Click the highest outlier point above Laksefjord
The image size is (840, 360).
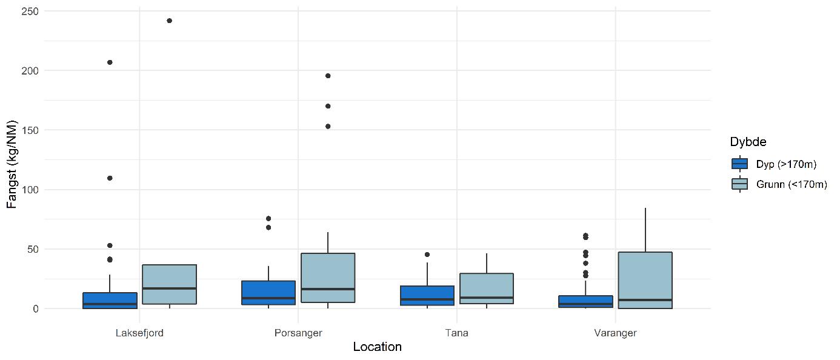[x=169, y=21]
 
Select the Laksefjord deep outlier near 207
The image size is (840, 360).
[x=110, y=62]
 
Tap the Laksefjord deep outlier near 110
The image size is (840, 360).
[x=110, y=178]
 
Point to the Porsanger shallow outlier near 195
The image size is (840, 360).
[x=328, y=76]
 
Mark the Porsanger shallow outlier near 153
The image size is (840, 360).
[x=328, y=127]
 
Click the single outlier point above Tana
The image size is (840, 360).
[x=427, y=255]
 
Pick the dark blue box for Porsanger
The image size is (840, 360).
[x=268, y=293]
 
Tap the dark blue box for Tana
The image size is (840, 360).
[x=427, y=295]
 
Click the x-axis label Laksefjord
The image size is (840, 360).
[x=139, y=333]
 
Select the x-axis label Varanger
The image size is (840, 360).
[x=616, y=333]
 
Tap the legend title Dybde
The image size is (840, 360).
[x=748, y=142]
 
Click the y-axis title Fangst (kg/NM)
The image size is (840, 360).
[x=12, y=160]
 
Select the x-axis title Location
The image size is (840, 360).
[x=377, y=348]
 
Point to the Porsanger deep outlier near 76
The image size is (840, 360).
[x=268, y=218]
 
